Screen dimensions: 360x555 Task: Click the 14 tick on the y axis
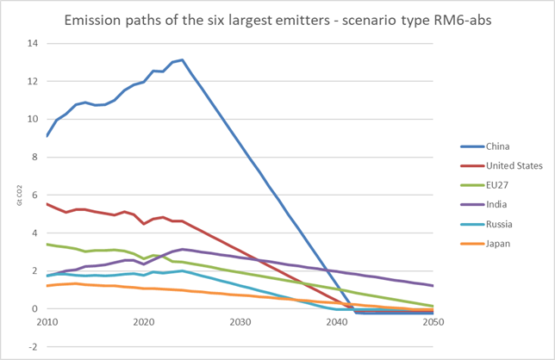point(33,43)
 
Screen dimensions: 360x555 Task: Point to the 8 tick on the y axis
point(35,157)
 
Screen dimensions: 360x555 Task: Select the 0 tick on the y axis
point(35,308)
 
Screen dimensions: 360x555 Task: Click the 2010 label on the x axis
point(47,321)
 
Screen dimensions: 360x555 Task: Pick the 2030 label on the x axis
point(240,321)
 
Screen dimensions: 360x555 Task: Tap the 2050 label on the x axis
point(433,321)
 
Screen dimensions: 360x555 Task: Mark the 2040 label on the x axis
point(336,321)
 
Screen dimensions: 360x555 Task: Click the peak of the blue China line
point(182,59)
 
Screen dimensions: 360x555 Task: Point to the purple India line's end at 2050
point(433,285)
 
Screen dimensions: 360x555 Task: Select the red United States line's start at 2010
point(47,204)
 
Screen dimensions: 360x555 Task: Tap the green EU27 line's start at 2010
point(47,244)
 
